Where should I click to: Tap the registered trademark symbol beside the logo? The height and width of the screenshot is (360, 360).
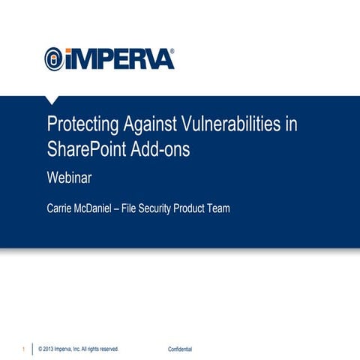point(172,50)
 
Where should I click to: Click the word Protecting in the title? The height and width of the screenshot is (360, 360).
point(81,125)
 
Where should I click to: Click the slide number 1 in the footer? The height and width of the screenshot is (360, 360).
point(24,349)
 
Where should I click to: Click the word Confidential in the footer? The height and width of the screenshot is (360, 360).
point(180,349)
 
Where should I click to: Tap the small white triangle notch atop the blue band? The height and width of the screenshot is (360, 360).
point(51,99)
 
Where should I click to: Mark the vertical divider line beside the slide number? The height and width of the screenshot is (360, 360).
point(32,349)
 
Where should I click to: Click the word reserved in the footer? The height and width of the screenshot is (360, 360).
point(107,349)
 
